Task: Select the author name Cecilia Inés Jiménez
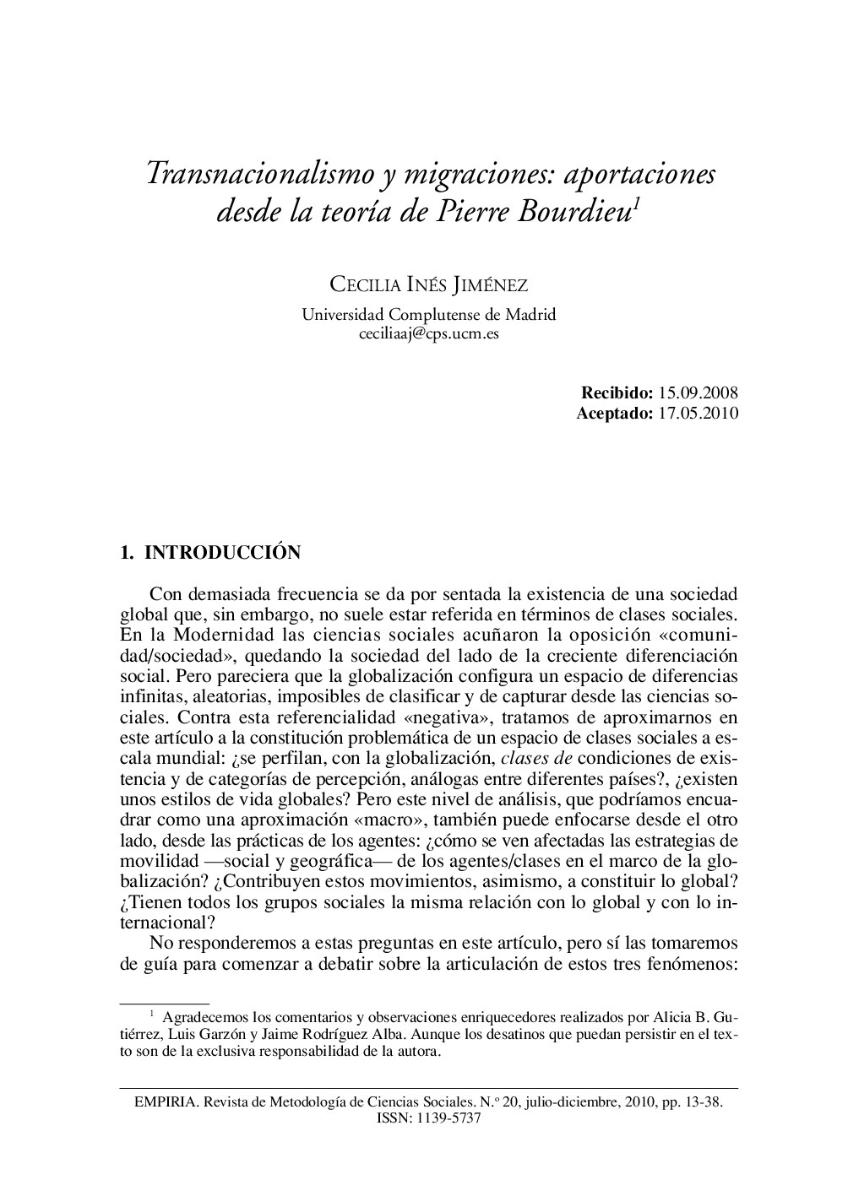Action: [428, 284]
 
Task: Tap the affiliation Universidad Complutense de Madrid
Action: [428, 315]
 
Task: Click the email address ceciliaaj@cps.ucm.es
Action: [428, 333]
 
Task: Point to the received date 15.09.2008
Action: [699, 392]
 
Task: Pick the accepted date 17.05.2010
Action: [699, 413]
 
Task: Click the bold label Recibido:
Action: [617, 392]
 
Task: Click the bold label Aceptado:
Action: [614, 413]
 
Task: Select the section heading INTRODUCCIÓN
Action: [223, 553]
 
